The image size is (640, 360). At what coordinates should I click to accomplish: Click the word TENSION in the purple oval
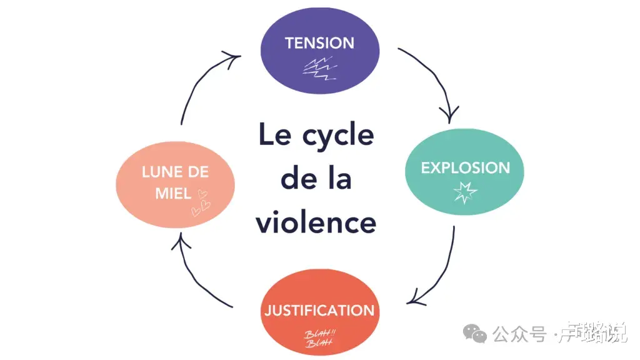coord(319,42)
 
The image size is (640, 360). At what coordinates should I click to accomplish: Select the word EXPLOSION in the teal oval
coord(465,167)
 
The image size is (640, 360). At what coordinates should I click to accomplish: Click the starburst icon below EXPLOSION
coord(464,191)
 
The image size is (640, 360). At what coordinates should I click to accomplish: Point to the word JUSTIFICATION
coord(319,311)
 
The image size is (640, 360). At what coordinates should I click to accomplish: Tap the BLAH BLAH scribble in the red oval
coord(319,337)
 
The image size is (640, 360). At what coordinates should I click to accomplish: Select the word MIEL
coord(173,192)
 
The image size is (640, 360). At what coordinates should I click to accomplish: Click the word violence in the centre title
coord(316,222)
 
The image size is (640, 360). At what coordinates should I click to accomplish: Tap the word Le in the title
coord(274,135)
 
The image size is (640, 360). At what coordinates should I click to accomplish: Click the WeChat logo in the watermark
coord(478,334)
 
